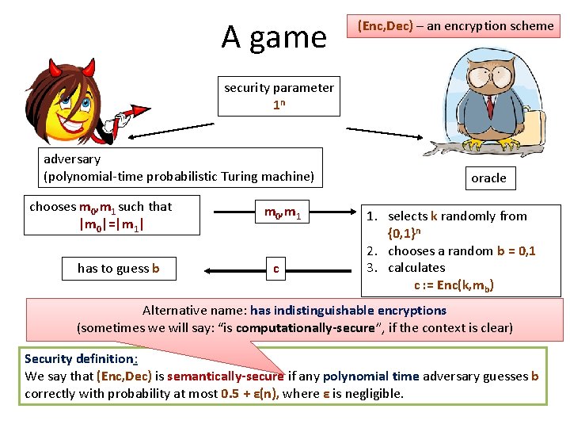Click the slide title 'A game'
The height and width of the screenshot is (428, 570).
[274, 36]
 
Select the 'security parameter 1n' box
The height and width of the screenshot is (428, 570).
[279, 96]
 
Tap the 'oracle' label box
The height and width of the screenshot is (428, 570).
[488, 178]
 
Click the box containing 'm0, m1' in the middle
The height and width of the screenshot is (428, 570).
[281, 212]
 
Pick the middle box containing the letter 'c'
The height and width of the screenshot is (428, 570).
[275, 268]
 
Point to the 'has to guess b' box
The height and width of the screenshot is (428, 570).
[118, 268]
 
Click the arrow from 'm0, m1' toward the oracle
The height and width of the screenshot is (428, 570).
[336, 212]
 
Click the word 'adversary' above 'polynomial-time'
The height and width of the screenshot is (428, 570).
[72, 159]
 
